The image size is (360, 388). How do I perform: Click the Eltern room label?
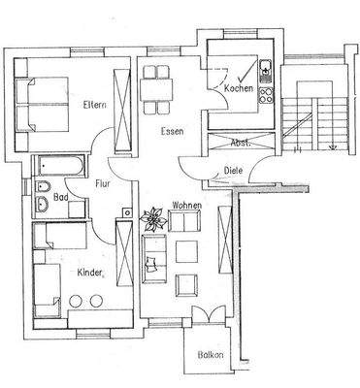94,105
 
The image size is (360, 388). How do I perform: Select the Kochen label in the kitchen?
239,89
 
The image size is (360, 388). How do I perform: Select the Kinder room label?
90,275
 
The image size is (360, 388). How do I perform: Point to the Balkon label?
211,355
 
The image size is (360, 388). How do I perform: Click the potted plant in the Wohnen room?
153,216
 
